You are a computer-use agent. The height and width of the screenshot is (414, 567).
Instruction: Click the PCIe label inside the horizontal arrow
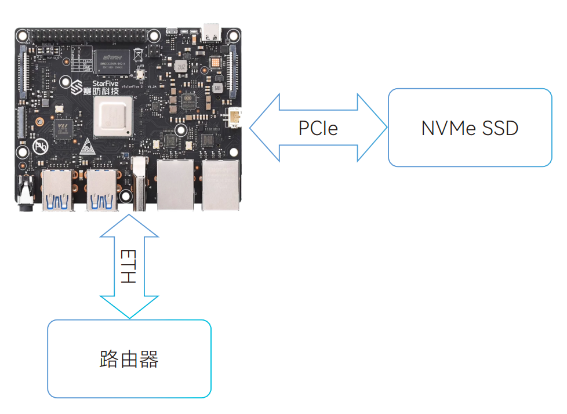318,128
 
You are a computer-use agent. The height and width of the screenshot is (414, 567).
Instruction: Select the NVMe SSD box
470,128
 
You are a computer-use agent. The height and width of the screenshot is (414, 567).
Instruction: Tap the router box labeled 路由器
129,359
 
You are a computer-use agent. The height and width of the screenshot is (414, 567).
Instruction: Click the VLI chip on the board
64,128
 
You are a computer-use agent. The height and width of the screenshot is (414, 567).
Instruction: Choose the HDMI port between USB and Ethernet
139,184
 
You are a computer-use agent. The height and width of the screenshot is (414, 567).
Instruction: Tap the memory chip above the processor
112,63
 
